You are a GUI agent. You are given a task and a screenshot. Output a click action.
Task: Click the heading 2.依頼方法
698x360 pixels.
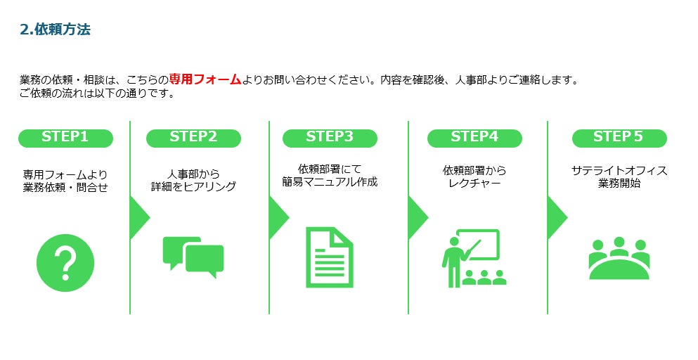coord(56,30)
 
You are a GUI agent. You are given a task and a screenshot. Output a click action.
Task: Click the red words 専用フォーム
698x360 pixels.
coord(205,79)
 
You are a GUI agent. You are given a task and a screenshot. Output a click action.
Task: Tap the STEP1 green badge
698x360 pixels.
coord(65,137)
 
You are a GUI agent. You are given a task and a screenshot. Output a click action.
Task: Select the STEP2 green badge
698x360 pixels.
coord(193,137)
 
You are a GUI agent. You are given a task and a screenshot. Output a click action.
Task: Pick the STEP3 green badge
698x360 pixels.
coord(330,137)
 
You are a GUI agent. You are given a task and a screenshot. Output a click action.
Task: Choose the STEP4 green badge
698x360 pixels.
coord(474,137)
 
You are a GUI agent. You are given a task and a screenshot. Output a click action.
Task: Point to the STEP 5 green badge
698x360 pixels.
coord(619,137)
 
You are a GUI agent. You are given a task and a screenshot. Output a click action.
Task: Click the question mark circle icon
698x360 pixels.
coord(65,263)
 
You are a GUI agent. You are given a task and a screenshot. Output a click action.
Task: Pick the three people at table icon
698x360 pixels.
coord(619,258)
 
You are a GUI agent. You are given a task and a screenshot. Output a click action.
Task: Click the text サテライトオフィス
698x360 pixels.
coord(619,170)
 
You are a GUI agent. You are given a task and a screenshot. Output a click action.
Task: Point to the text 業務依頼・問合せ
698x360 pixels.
coord(65,186)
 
